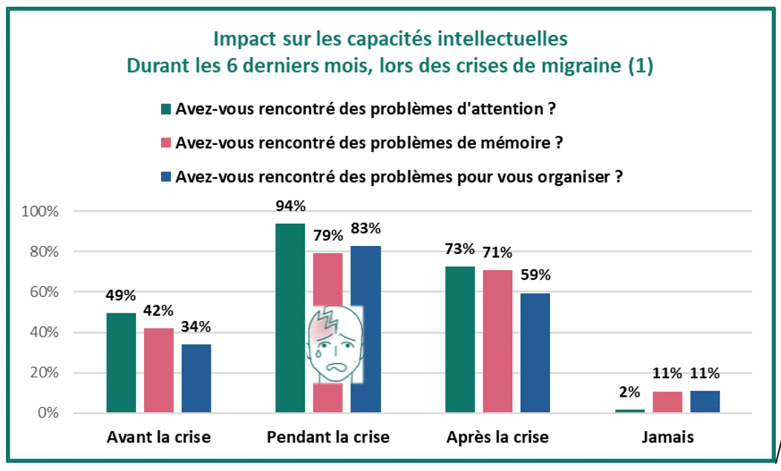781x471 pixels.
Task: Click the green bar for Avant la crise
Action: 121,363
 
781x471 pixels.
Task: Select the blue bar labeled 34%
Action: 196,378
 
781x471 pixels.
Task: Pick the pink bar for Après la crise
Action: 497,341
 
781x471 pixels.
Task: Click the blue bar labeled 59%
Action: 535,353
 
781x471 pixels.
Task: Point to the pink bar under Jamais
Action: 667,402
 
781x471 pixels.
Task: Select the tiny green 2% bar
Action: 630,411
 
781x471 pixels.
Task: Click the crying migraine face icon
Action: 335,344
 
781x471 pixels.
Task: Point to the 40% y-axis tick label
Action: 43,333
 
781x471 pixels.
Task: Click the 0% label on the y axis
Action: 47,413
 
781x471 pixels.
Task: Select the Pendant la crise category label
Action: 327,438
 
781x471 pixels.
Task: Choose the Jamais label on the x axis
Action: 667,438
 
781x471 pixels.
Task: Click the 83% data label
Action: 365,228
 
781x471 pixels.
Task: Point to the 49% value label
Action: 121,296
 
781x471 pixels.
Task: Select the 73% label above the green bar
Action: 460,248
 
